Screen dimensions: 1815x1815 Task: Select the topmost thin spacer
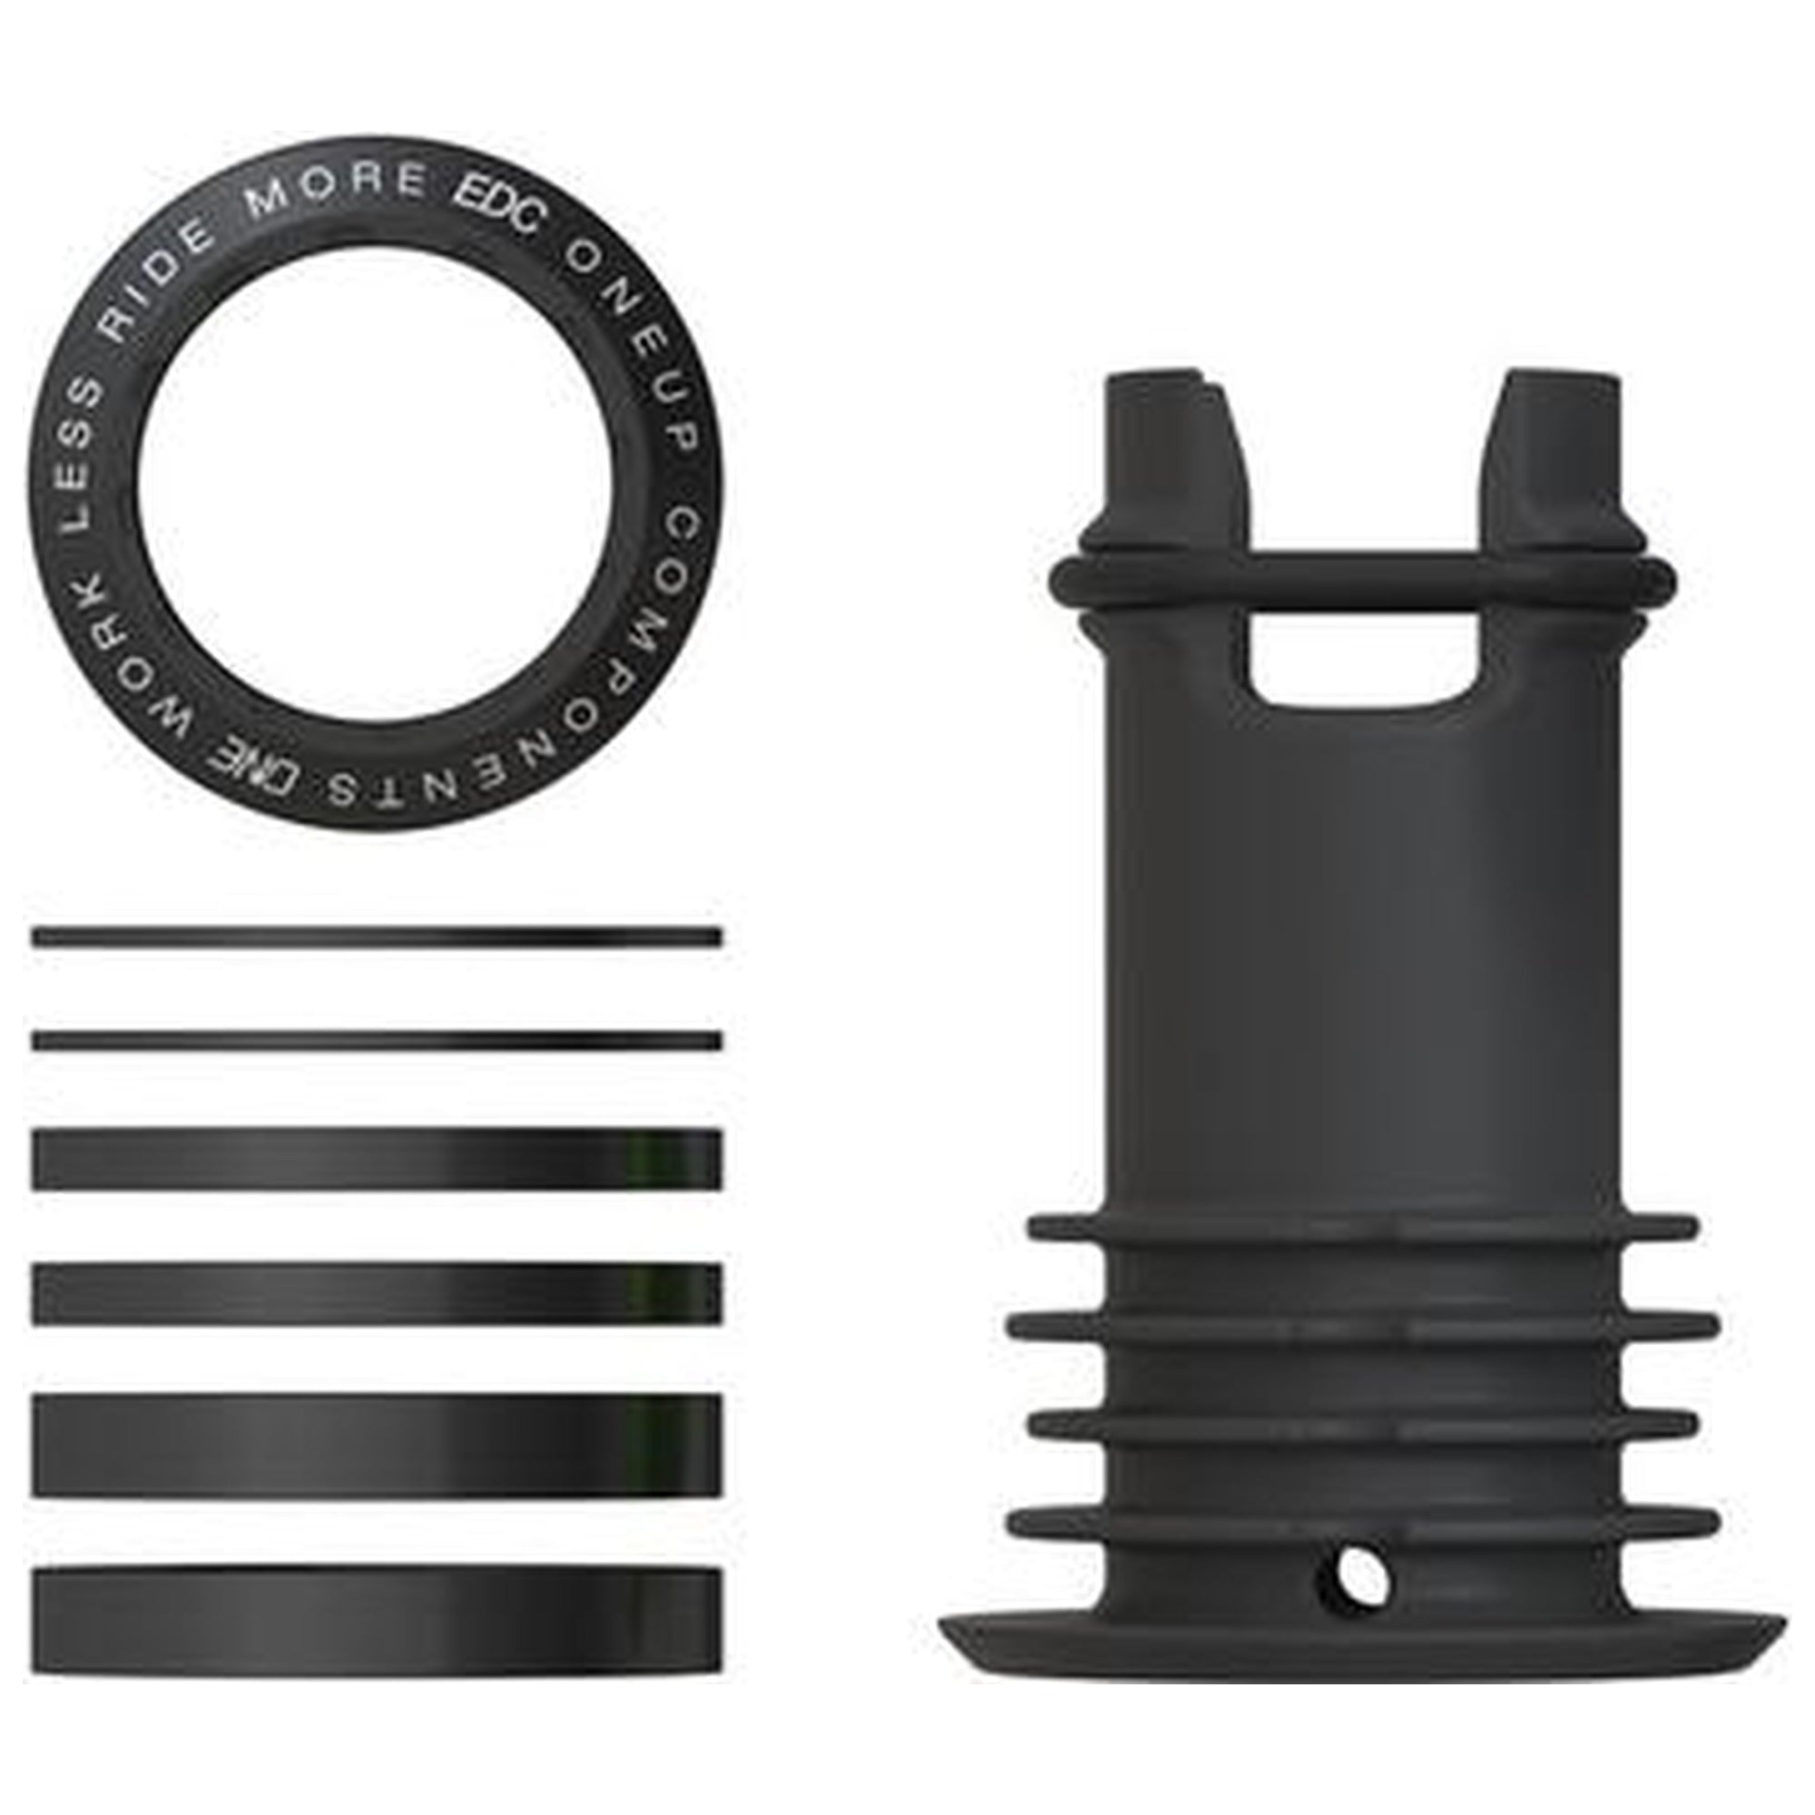(376, 937)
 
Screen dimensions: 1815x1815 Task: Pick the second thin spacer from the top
(376, 1041)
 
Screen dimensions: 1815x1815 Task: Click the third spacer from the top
(376, 1159)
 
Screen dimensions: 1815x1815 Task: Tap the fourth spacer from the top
(376, 1293)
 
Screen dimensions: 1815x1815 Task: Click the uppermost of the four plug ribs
(1362, 1227)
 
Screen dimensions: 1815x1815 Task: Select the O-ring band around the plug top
(1362, 569)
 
